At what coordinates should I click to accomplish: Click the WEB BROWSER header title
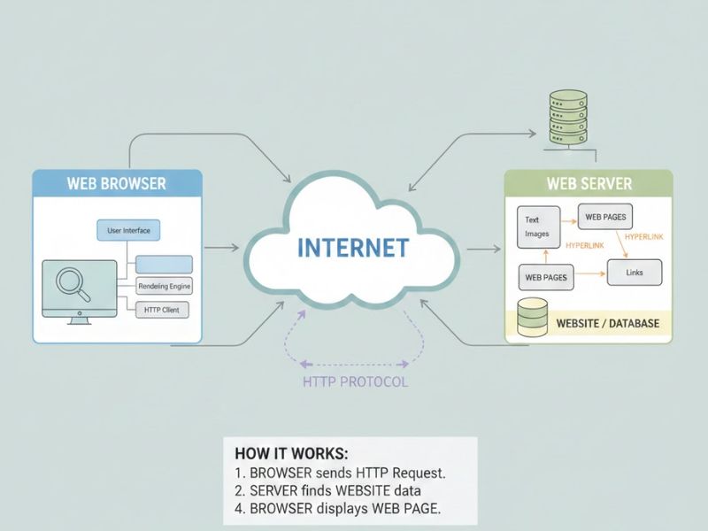coord(116,184)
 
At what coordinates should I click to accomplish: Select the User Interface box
coord(128,231)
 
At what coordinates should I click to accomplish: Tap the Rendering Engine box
coord(164,287)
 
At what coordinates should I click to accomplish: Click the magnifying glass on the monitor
coord(69,283)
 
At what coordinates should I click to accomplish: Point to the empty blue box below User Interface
coord(164,264)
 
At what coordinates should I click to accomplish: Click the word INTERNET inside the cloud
coord(353,248)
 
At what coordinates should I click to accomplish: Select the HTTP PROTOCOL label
coord(355,382)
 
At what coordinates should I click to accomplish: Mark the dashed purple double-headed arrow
coord(355,363)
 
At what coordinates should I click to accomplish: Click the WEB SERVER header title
coord(589,184)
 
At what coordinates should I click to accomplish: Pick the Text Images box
coord(538,227)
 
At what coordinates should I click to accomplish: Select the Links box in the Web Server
coord(634,273)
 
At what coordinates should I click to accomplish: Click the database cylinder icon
coord(532,319)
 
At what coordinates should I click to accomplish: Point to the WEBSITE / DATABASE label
coord(607,324)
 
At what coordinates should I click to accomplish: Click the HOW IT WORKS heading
coord(291,453)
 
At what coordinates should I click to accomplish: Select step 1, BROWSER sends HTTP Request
coord(340,473)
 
